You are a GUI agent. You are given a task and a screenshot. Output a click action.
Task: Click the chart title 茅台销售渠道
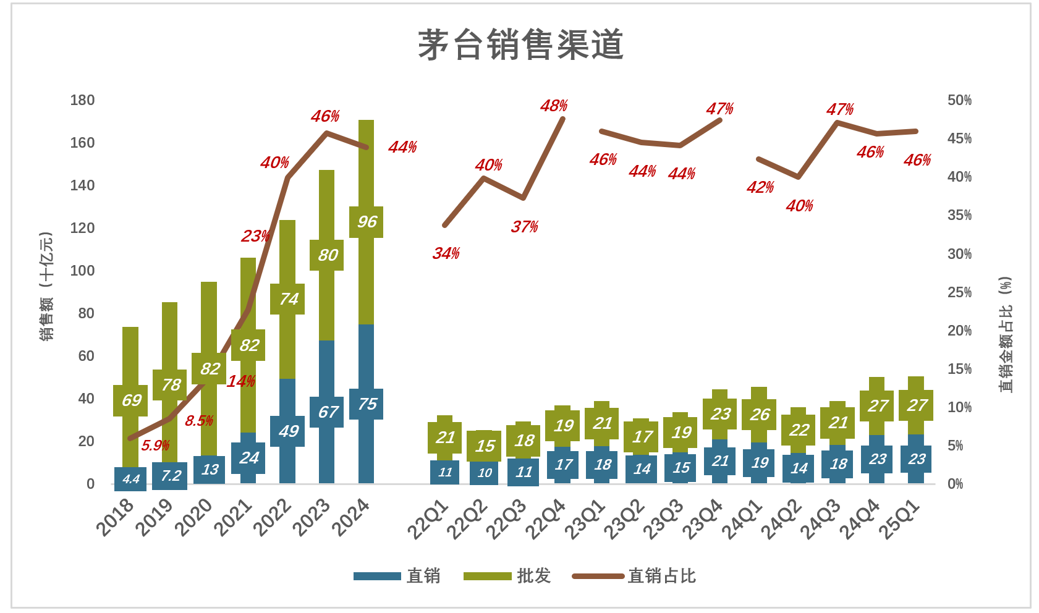[520, 45]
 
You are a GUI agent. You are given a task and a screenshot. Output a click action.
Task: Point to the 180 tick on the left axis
[82, 100]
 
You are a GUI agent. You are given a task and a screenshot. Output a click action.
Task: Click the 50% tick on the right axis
[959, 100]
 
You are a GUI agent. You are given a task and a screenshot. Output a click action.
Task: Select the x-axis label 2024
[351, 518]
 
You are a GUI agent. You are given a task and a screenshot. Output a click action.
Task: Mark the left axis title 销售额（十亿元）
[46, 286]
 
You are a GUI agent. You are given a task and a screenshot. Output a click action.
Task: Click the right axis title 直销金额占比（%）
[1006, 334]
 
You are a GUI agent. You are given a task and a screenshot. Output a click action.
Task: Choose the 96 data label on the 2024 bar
[367, 222]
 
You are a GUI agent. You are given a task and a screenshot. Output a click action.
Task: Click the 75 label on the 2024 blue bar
[367, 404]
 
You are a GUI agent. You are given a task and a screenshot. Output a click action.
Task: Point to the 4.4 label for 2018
[130, 479]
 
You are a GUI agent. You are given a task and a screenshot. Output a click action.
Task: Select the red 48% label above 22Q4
[553, 106]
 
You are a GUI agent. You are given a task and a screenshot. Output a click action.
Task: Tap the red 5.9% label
[155, 446]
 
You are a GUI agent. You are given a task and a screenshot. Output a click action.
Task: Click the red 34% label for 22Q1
[446, 253]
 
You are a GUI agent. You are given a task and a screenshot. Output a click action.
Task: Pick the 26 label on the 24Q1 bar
[760, 415]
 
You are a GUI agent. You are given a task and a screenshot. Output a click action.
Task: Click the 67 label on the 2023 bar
[328, 412]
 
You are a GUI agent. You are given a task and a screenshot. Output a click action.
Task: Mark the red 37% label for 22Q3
[524, 227]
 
